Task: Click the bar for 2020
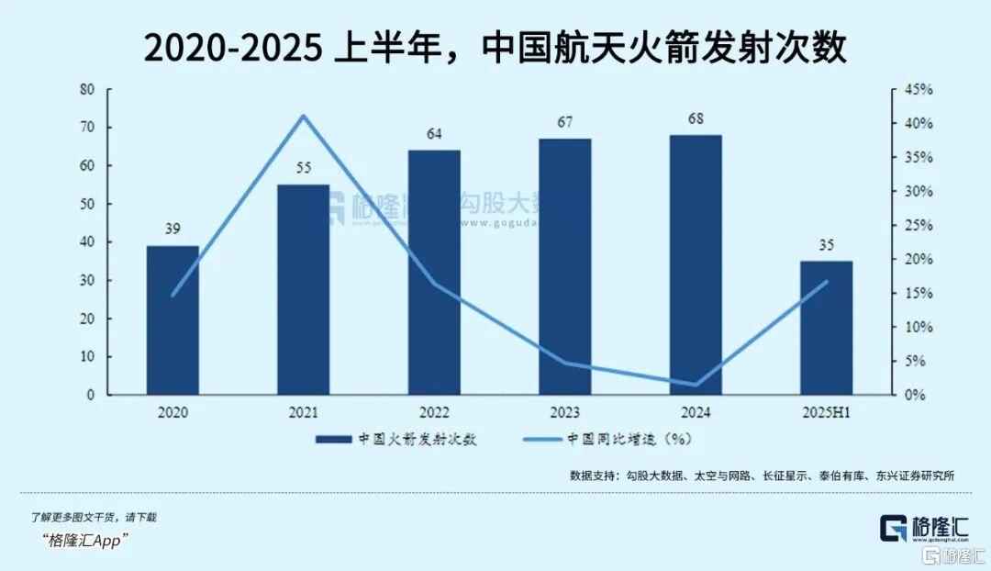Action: tap(173, 319)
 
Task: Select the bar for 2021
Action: tap(303, 289)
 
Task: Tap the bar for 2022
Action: tap(434, 272)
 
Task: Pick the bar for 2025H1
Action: tap(826, 328)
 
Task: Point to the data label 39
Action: tap(173, 230)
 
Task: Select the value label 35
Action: tap(826, 244)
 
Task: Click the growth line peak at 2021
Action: tap(303, 116)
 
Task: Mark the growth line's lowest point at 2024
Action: tap(695, 385)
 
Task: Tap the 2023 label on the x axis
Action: tap(564, 413)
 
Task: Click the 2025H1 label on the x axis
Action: tap(826, 413)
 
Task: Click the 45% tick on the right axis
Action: tap(919, 90)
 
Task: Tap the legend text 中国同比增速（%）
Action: tap(628, 439)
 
